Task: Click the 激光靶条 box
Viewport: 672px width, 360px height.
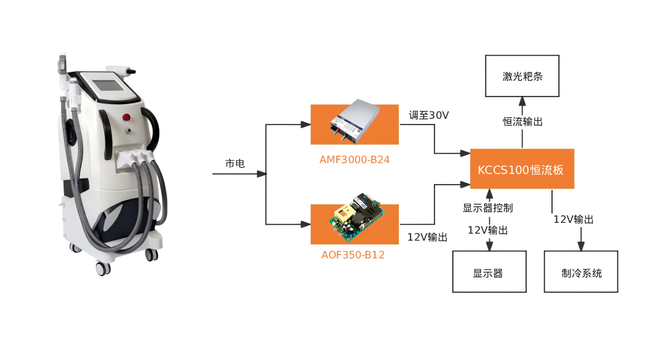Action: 522,76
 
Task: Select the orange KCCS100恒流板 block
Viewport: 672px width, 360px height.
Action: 522,169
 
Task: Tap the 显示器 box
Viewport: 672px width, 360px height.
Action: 489,272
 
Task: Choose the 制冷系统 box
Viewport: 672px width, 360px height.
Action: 581,272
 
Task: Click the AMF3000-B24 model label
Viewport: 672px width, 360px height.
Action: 354,160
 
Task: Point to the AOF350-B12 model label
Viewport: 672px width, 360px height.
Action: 353,255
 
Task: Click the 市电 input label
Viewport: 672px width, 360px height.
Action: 235,163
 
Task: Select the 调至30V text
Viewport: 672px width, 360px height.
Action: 429,115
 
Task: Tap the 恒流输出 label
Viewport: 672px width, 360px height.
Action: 523,122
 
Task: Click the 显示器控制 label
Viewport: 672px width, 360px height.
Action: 488,208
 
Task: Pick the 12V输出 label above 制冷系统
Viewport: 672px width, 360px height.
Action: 573,220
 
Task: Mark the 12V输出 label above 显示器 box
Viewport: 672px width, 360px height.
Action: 488,230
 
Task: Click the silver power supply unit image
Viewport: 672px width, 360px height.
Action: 355,120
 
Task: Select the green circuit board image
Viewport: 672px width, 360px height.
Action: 356,218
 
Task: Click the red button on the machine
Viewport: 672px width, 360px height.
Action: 126,117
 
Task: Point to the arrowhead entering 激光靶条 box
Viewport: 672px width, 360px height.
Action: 522,102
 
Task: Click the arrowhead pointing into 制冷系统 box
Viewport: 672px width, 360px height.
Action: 581,246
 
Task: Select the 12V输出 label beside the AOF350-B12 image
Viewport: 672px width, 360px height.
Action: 427,237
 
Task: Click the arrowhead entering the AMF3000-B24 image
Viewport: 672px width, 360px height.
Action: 306,124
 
